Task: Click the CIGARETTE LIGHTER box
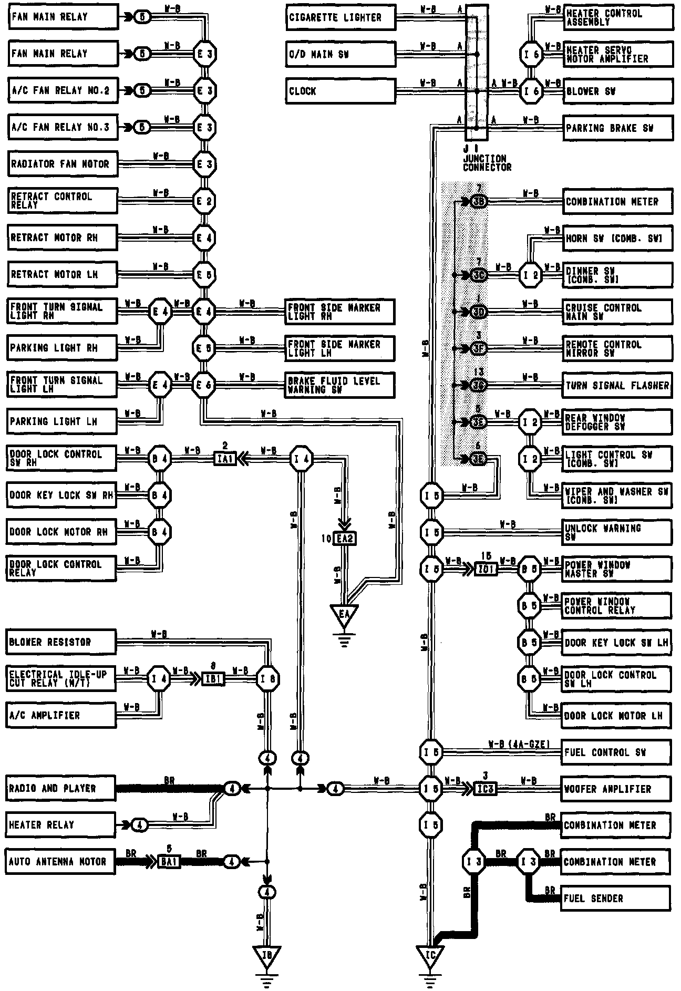pos(340,17)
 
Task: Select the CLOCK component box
pos(340,91)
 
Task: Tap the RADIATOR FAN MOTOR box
pos(63,164)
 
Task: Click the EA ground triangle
pos(344,614)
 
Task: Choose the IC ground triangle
pos(430,955)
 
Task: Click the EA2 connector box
pos(344,539)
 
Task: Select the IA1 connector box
pos(226,459)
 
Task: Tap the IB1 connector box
pos(214,679)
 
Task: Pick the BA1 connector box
pos(169,862)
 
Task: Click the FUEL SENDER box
pos(616,899)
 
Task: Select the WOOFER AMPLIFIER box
pos(616,789)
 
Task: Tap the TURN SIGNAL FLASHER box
pos(617,385)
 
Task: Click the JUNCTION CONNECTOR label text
pos(487,162)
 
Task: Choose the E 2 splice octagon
pos(204,201)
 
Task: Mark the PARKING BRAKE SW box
pos(618,128)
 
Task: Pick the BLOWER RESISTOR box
pos(61,642)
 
